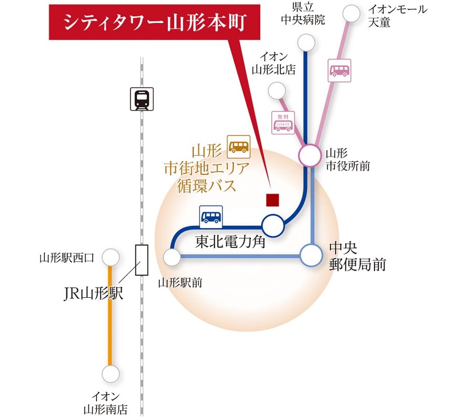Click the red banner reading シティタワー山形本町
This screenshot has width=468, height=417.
[x=154, y=22]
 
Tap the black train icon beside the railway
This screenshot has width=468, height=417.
[x=142, y=99]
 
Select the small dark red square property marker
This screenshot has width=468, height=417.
[x=273, y=200]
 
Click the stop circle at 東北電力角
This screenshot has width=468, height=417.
[x=273, y=225]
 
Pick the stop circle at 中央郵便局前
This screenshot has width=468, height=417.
[x=311, y=256]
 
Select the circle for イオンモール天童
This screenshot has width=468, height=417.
[x=352, y=13]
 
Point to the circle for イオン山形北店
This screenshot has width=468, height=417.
[x=277, y=90]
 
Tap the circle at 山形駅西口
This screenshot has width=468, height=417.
[x=111, y=258]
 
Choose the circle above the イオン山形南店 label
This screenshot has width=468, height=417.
[x=111, y=374]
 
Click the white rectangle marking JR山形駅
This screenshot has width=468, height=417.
[x=142, y=260]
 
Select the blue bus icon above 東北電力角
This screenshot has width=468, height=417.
[x=211, y=217]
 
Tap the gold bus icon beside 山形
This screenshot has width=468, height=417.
[x=239, y=146]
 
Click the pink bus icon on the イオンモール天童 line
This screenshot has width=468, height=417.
[x=340, y=70]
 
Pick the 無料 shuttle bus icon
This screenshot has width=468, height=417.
[x=283, y=123]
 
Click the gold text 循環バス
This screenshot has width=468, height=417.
[x=206, y=185]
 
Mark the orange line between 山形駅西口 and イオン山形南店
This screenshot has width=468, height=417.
[x=111, y=315]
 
